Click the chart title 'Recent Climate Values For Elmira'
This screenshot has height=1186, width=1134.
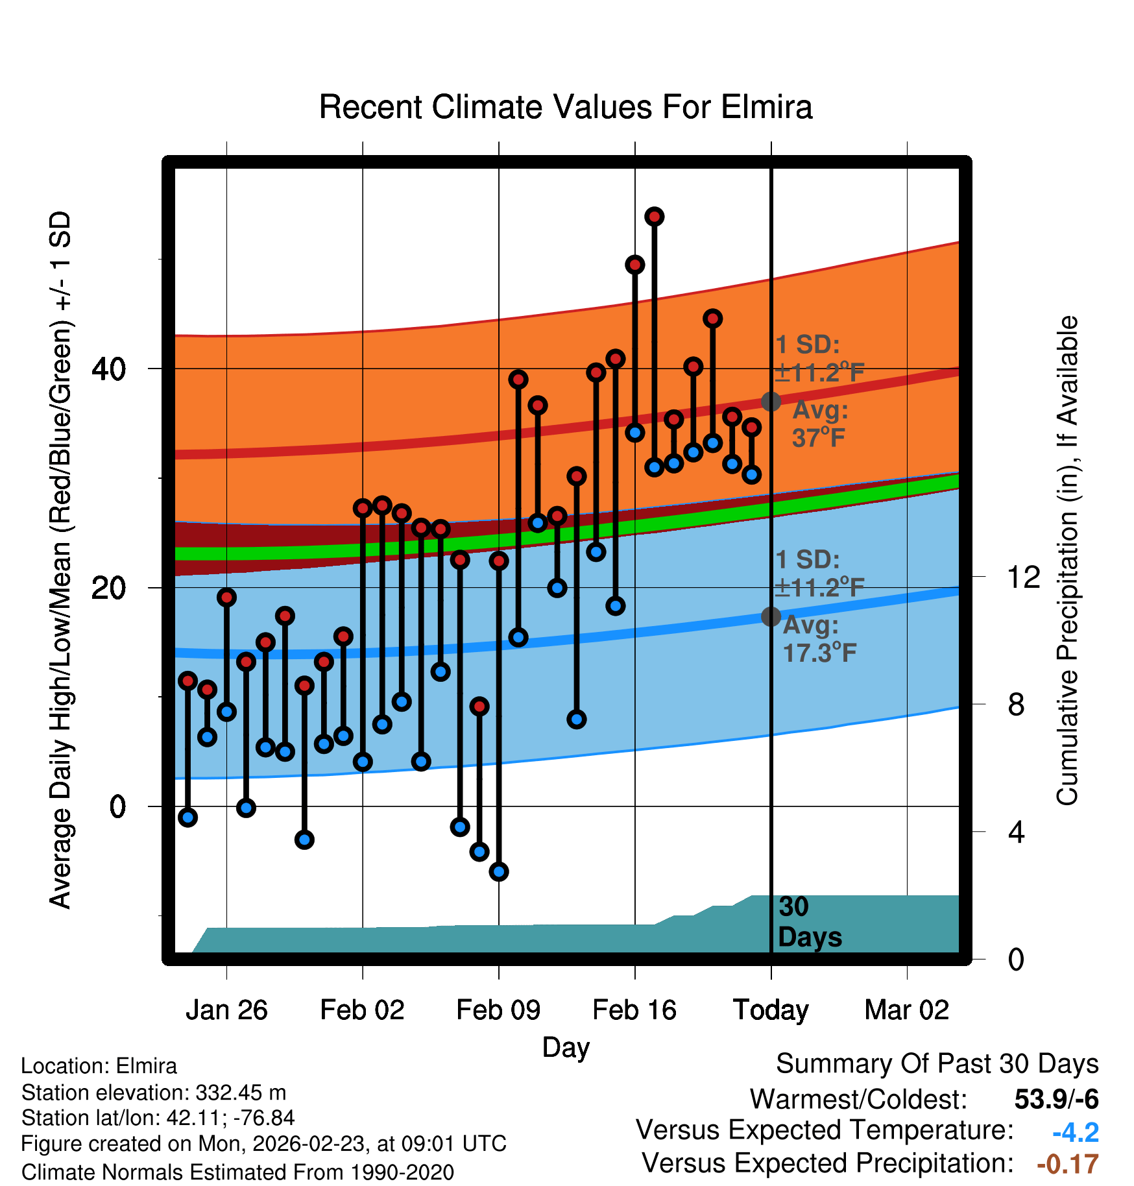click(565, 107)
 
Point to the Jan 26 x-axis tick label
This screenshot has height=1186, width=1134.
click(226, 1010)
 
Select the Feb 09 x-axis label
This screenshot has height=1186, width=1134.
click(498, 1010)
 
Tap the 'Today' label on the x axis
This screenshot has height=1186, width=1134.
click(771, 1010)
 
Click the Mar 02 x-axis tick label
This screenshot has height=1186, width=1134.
click(907, 1010)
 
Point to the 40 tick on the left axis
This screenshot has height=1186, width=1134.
click(108, 369)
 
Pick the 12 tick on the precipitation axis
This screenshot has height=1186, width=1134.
click(1023, 577)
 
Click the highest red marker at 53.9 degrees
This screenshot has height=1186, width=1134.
click(655, 217)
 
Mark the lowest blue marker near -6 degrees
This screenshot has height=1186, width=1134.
click(499, 872)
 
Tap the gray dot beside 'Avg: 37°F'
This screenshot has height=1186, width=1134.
click(771, 402)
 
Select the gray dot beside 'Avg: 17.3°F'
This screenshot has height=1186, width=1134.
click(771, 616)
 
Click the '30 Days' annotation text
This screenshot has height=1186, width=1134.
click(809, 922)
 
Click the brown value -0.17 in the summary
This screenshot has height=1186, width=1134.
click(1067, 1164)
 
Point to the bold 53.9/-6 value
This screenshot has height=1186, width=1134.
click(1056, 1099)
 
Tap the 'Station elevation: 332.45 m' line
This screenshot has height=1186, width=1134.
click(154, 1093)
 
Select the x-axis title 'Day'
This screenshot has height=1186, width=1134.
click(566, 1047)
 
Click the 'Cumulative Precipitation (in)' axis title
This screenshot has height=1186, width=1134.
click(1067, 561)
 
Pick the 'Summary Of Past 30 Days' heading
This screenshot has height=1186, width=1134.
click(937, 1064)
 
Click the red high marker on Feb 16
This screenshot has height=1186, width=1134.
click(635, 265)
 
